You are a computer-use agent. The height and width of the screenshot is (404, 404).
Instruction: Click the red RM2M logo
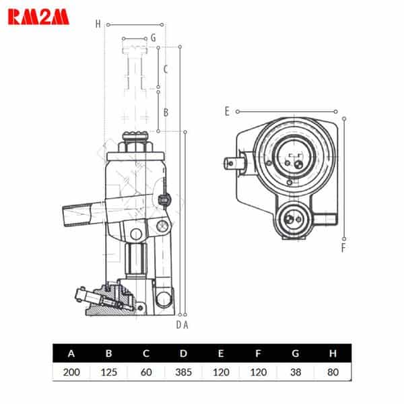click(x=38, y=17)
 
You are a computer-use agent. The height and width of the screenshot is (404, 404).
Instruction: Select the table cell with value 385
click(x=183, y=372)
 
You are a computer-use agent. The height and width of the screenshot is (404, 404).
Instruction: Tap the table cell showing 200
click(x=71, y=372)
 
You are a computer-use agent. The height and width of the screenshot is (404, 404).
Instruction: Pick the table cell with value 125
click(x=108, y=372)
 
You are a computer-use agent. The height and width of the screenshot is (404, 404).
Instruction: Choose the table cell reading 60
click(x=146, y=372)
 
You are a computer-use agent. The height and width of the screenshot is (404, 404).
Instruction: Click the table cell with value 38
click(x=296, y=372)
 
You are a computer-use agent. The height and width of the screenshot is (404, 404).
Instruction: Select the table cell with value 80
click(x=333, y=372)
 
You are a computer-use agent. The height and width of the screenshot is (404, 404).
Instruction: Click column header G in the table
click(x=296, y=353)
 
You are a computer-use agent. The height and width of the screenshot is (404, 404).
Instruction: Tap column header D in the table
click(x=183, y=353)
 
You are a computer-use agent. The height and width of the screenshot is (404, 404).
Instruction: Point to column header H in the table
click(x=333, y=353)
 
